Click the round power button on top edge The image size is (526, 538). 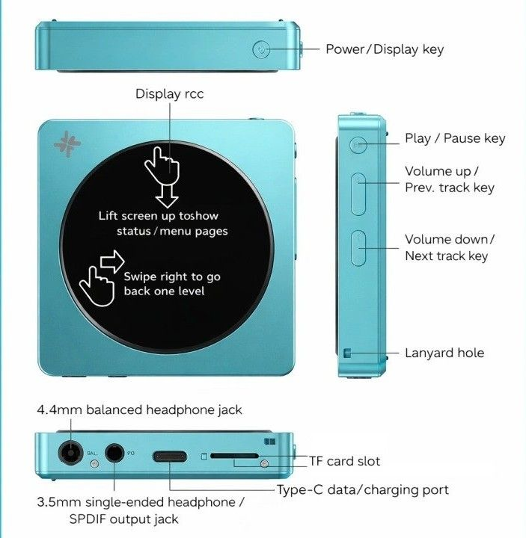(x=260, y=50)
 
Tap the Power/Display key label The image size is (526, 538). (x=384, y=49)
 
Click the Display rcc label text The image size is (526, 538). (x=169, y=93)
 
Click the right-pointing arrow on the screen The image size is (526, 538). (x=111, y=261)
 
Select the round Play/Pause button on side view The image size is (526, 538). (x=358, y=143)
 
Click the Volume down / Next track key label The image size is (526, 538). (x=450, y=247)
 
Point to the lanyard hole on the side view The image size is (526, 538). (x=346, y=353)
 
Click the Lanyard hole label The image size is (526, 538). (x=444, y=353)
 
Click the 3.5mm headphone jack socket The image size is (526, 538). (x=114, y=453)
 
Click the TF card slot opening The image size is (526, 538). (x=234, y=455)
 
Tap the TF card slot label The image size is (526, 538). (x=344, y=461)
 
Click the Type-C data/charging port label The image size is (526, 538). (x=363, y=489)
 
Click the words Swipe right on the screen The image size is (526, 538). (x=155, y=276)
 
